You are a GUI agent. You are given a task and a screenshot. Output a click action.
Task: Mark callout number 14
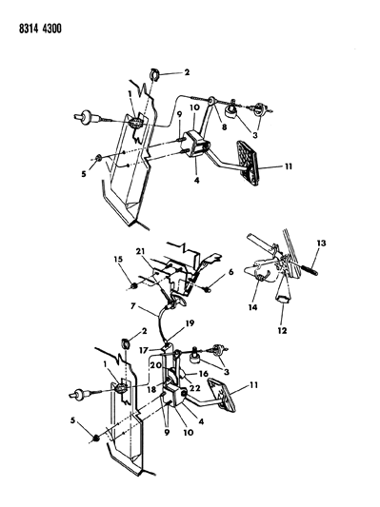click(x=255, y=307)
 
